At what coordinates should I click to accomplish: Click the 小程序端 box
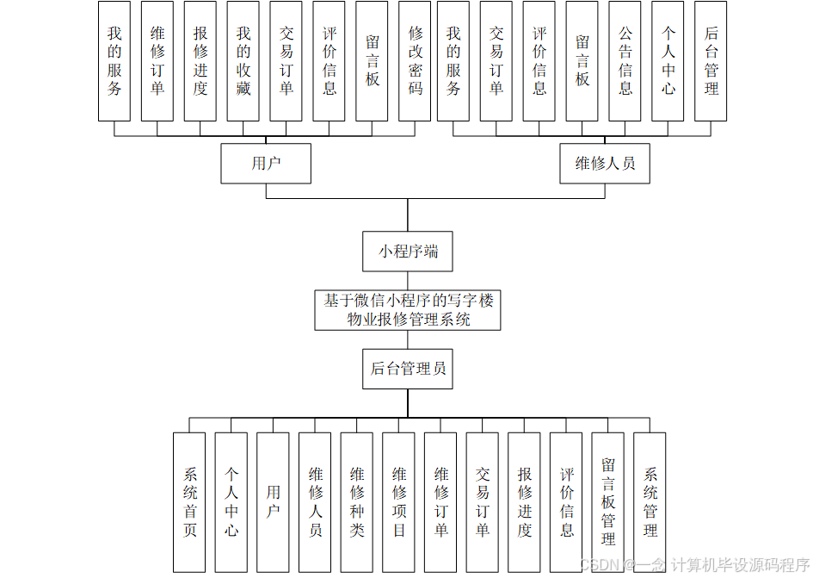408,252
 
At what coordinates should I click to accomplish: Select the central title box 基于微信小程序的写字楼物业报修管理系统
408,310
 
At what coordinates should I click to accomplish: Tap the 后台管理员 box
408,369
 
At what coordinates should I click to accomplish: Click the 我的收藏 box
243,61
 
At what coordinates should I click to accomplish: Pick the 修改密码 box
416,61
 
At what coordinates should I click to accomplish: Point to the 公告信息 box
625,61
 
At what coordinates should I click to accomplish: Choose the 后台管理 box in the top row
711,61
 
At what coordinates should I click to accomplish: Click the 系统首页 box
189,502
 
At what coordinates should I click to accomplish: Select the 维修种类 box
357,502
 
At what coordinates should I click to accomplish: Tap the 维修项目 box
399,502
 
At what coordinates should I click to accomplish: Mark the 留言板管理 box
608,502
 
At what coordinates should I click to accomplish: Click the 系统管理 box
650,502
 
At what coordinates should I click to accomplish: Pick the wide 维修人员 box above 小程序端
605,164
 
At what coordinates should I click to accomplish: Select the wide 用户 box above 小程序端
266,164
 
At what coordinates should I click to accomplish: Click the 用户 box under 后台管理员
273,502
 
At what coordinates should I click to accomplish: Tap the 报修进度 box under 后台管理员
525,502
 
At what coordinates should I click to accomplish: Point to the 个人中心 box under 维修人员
668,61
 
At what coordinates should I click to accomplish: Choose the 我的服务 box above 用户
114,61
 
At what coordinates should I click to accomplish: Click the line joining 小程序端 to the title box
408,281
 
